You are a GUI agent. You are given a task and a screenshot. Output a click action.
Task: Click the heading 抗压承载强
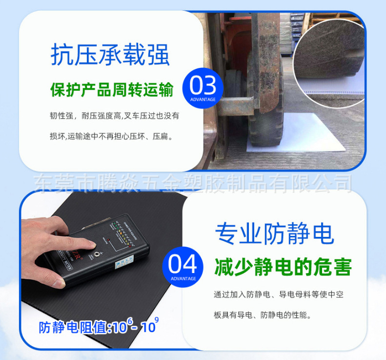110,55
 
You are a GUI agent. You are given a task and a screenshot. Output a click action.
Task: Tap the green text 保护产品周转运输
112,90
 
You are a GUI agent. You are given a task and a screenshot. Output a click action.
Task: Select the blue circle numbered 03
203,87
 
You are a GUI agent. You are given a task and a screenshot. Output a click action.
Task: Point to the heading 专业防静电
274,233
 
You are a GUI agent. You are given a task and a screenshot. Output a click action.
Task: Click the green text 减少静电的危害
283,267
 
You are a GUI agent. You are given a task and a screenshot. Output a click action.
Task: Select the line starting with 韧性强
115,116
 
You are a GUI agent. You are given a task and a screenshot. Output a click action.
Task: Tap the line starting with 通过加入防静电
279,295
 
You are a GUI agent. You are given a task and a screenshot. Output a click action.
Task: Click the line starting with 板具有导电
262,315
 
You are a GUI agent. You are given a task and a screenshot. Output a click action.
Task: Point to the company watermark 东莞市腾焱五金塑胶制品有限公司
193,183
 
